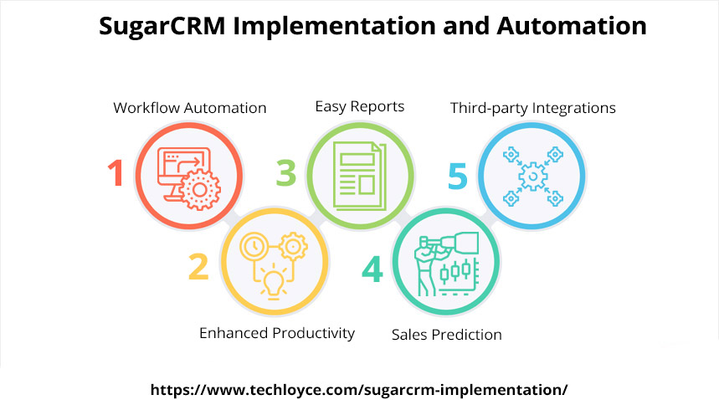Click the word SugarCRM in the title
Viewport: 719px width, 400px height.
click(162, 26)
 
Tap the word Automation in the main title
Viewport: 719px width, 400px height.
click(572, 26)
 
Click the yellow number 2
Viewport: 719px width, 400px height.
click(198, 267)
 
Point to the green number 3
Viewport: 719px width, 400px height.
click(286, 172)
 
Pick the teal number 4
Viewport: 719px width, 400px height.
click(372, 269)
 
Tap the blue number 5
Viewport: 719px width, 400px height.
click(458, 176)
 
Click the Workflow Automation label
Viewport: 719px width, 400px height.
click(190, 108)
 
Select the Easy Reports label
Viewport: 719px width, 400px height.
click(360, 107)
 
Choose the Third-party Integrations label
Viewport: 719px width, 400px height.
click(533, 108)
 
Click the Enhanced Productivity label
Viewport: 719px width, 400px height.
click(277, 333)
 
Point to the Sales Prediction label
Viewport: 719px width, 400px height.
click(447, 335)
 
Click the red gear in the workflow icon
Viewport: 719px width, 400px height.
click(200, 189)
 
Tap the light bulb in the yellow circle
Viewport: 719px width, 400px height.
click(274, 284)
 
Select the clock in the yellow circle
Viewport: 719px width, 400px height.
click(254, 247)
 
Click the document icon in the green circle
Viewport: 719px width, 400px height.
click(360, 176)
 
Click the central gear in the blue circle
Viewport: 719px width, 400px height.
click(533, 176)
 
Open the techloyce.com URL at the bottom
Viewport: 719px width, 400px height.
click(359, 390)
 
